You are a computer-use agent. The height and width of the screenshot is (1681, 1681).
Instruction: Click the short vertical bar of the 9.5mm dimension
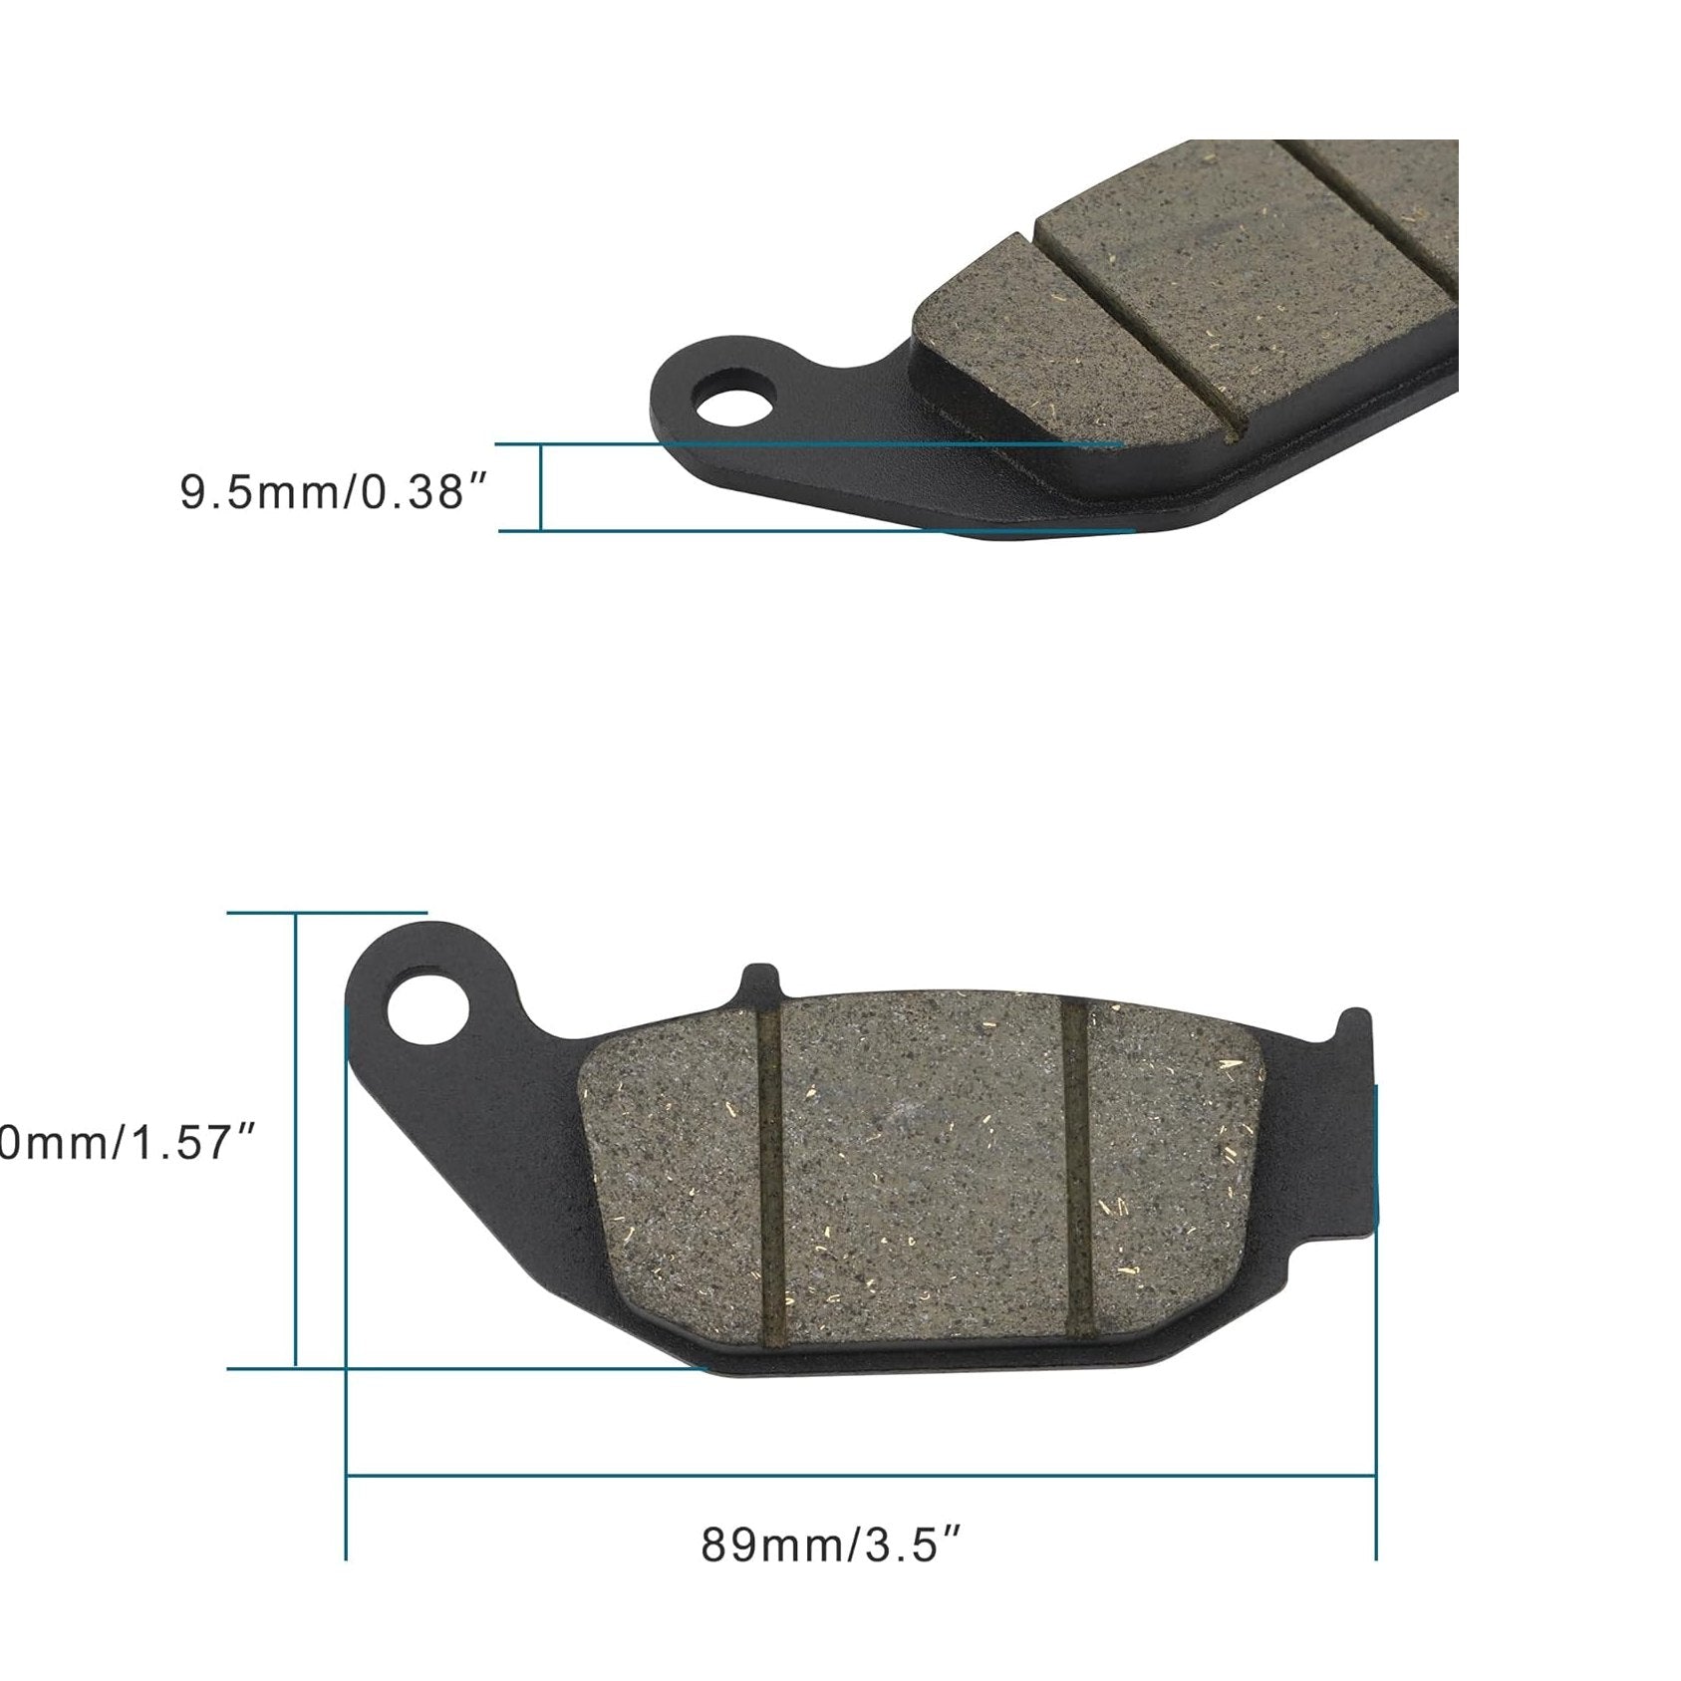coord(541,487)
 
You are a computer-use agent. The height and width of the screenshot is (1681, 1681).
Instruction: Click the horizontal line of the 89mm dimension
coord(857,1476)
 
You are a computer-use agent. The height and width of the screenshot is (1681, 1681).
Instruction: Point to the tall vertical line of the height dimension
coord(296,1136)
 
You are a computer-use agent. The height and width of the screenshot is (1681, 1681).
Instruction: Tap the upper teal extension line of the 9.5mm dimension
coord(797,443)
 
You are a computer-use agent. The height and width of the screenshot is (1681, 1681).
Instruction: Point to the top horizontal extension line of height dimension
coord(329,912)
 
